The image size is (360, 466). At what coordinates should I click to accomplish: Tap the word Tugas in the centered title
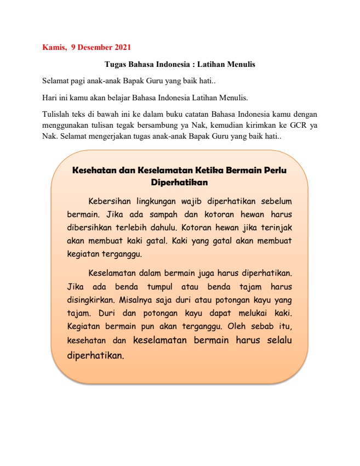(x=115, y=65)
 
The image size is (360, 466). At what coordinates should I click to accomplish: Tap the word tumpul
(x=159, y=286)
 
